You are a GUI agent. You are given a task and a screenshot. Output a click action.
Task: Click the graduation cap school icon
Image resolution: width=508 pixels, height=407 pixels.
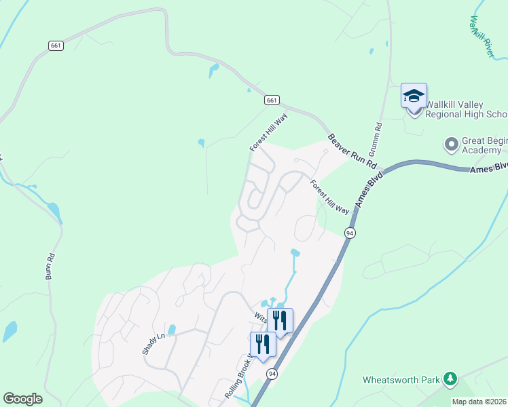[x=414, y=96]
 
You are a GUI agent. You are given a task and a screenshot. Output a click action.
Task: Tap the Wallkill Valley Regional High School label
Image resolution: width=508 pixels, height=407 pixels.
[x=465, y=109]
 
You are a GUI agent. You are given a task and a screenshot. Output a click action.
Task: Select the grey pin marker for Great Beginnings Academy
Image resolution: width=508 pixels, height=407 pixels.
[x=450, y=144]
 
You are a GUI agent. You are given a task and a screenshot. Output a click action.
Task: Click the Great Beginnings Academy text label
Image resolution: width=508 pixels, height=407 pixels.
[x=484, y=145]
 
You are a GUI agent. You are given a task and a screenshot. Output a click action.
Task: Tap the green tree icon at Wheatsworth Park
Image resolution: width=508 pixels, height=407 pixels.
[x=448, y=378]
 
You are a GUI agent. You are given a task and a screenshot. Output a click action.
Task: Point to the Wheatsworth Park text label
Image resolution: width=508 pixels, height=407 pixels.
[x=401, y=380]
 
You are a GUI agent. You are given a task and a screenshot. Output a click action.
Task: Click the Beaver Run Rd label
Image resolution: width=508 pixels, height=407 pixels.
[x=352, y=151]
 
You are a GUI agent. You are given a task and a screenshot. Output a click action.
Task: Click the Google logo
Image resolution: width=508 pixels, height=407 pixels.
[x=22, y=399]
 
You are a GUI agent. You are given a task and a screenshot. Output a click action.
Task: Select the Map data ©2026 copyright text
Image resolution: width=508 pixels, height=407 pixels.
[x=479, y=402]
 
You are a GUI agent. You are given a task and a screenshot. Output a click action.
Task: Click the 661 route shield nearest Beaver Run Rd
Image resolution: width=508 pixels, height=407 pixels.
[x=272, y=100]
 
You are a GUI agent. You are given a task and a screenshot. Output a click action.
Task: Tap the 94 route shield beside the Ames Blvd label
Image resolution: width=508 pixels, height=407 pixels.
[x=350, y=233]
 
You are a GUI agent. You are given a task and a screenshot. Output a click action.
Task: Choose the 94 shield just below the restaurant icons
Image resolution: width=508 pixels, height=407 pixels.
[x=272, y=374]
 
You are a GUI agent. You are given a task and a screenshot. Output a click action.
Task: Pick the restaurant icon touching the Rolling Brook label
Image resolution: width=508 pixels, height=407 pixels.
[x=263, y=344]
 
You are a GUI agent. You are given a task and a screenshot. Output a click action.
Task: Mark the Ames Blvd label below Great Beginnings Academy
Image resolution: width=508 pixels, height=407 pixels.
[x=488, y=167]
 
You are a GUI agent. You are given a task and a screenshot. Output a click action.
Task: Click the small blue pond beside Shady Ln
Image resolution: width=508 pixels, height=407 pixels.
[x=171, y=330]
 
